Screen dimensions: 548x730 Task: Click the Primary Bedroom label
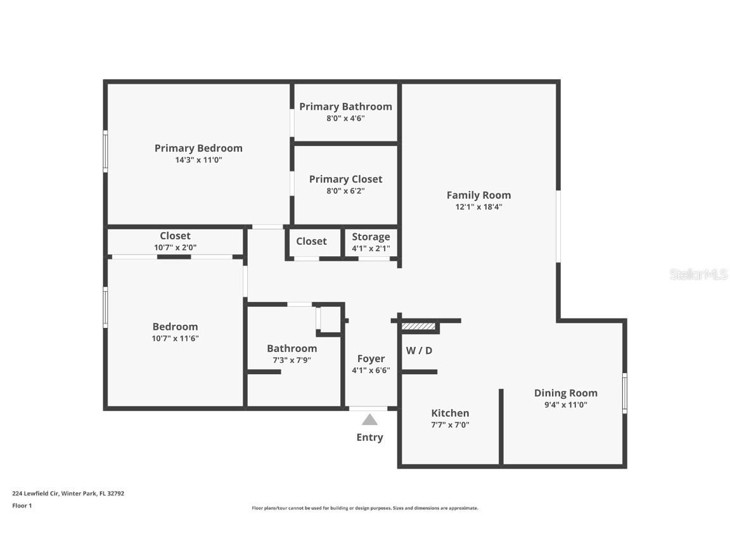pyautogui.click(x=198, y=148)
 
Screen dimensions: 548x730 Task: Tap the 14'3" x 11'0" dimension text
pyautogui.click(x=198, y=160)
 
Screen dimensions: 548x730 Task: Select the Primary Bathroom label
pyautogui.click(x=345, y=107)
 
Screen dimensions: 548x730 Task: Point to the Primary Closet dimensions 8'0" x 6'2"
pyautogui.click(x=345, y=191)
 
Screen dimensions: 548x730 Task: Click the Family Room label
pyautogui.click(x=478, y=195)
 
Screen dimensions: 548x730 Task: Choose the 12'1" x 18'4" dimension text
pyautogui.click(x=478, y=207)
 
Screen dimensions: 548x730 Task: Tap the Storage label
pyautogui.click(x=371, y=237)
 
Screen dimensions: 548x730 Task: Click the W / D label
pyautogui.click(x=419, y=351)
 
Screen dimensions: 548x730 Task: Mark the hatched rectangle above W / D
pyautogui.click(x=419, y=326)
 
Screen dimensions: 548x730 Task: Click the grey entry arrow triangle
pyautogui.click(x=369, y=420)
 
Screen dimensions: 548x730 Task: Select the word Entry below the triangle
pyautogui.click(x=369, y=437)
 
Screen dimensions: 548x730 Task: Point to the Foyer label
pyautogui.click(x=371, y=359)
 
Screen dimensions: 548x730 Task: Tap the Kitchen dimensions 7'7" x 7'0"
pyautogui.click(x=450, y=425)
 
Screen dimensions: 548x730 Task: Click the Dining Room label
pyautogui.click(x=565, y=393)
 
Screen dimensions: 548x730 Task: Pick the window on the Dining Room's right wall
pyautogui.click(x=624, y=393)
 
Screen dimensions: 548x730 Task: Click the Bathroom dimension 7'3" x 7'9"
pyautogui.click(x=291, y=360)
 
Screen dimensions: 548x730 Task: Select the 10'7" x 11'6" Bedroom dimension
pyautogui.click(x=175, y=339)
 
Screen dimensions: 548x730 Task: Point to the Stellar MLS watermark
pyautogui.click(x=699, y=275)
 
